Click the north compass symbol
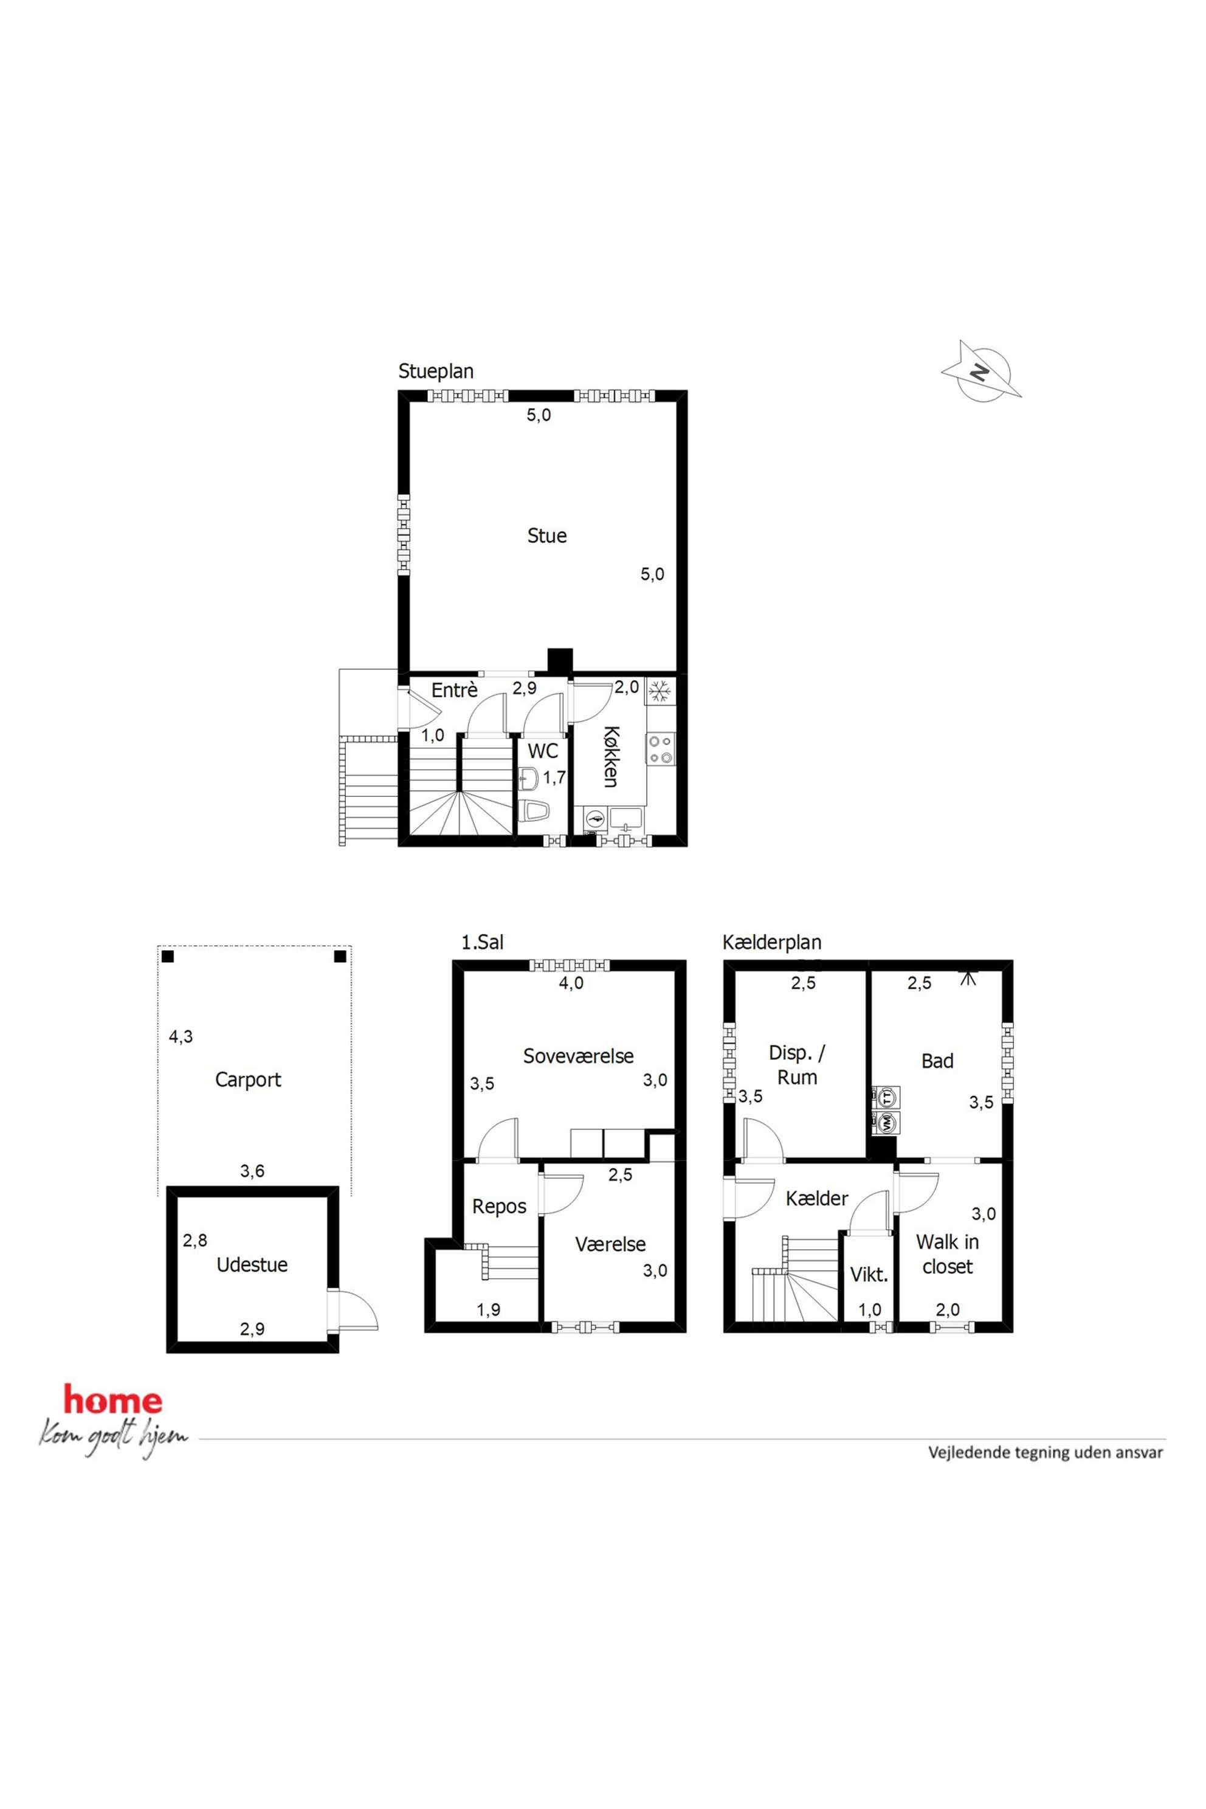tap(982, 371)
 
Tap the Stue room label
tap(547, 536)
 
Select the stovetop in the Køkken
tap(661, 749)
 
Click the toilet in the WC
tap(532, 811)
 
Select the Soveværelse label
tap(579, 1056)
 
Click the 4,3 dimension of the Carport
tap(181, 1037)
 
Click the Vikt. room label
tap(869, 1275)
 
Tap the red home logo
tap(113, 1401)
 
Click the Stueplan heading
tap(436, 371)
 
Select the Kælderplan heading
tap(772, 943)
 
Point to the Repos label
tap(499, 1207)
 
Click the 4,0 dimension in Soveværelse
tap(571, 984)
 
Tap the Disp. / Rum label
tap(797, 1065)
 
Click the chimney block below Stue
tap(560, 662)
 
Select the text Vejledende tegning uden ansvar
tap(1046, 1453)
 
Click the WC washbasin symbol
tap(528, 777)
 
